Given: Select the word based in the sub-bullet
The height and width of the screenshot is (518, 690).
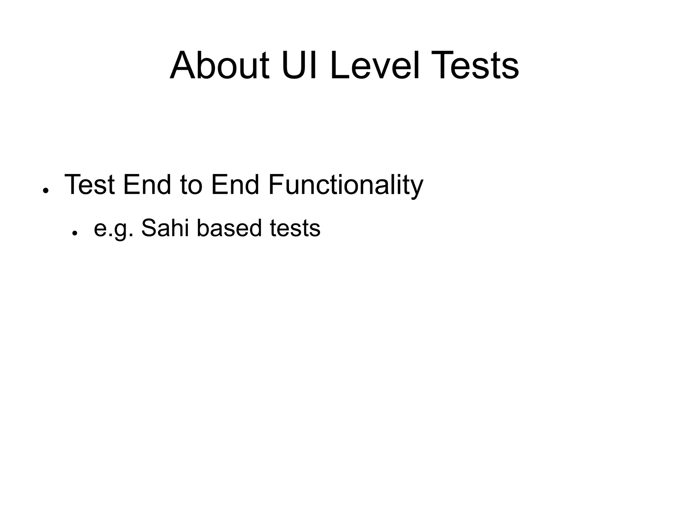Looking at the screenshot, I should coord(229,228).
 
